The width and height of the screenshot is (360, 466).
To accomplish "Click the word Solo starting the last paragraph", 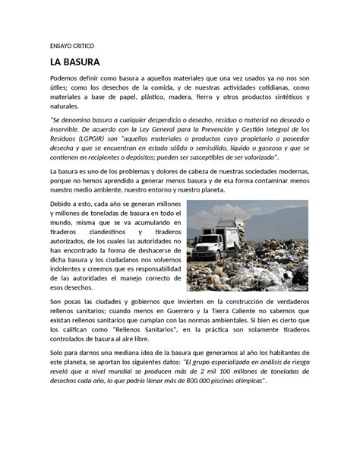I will (x=58, y=353).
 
